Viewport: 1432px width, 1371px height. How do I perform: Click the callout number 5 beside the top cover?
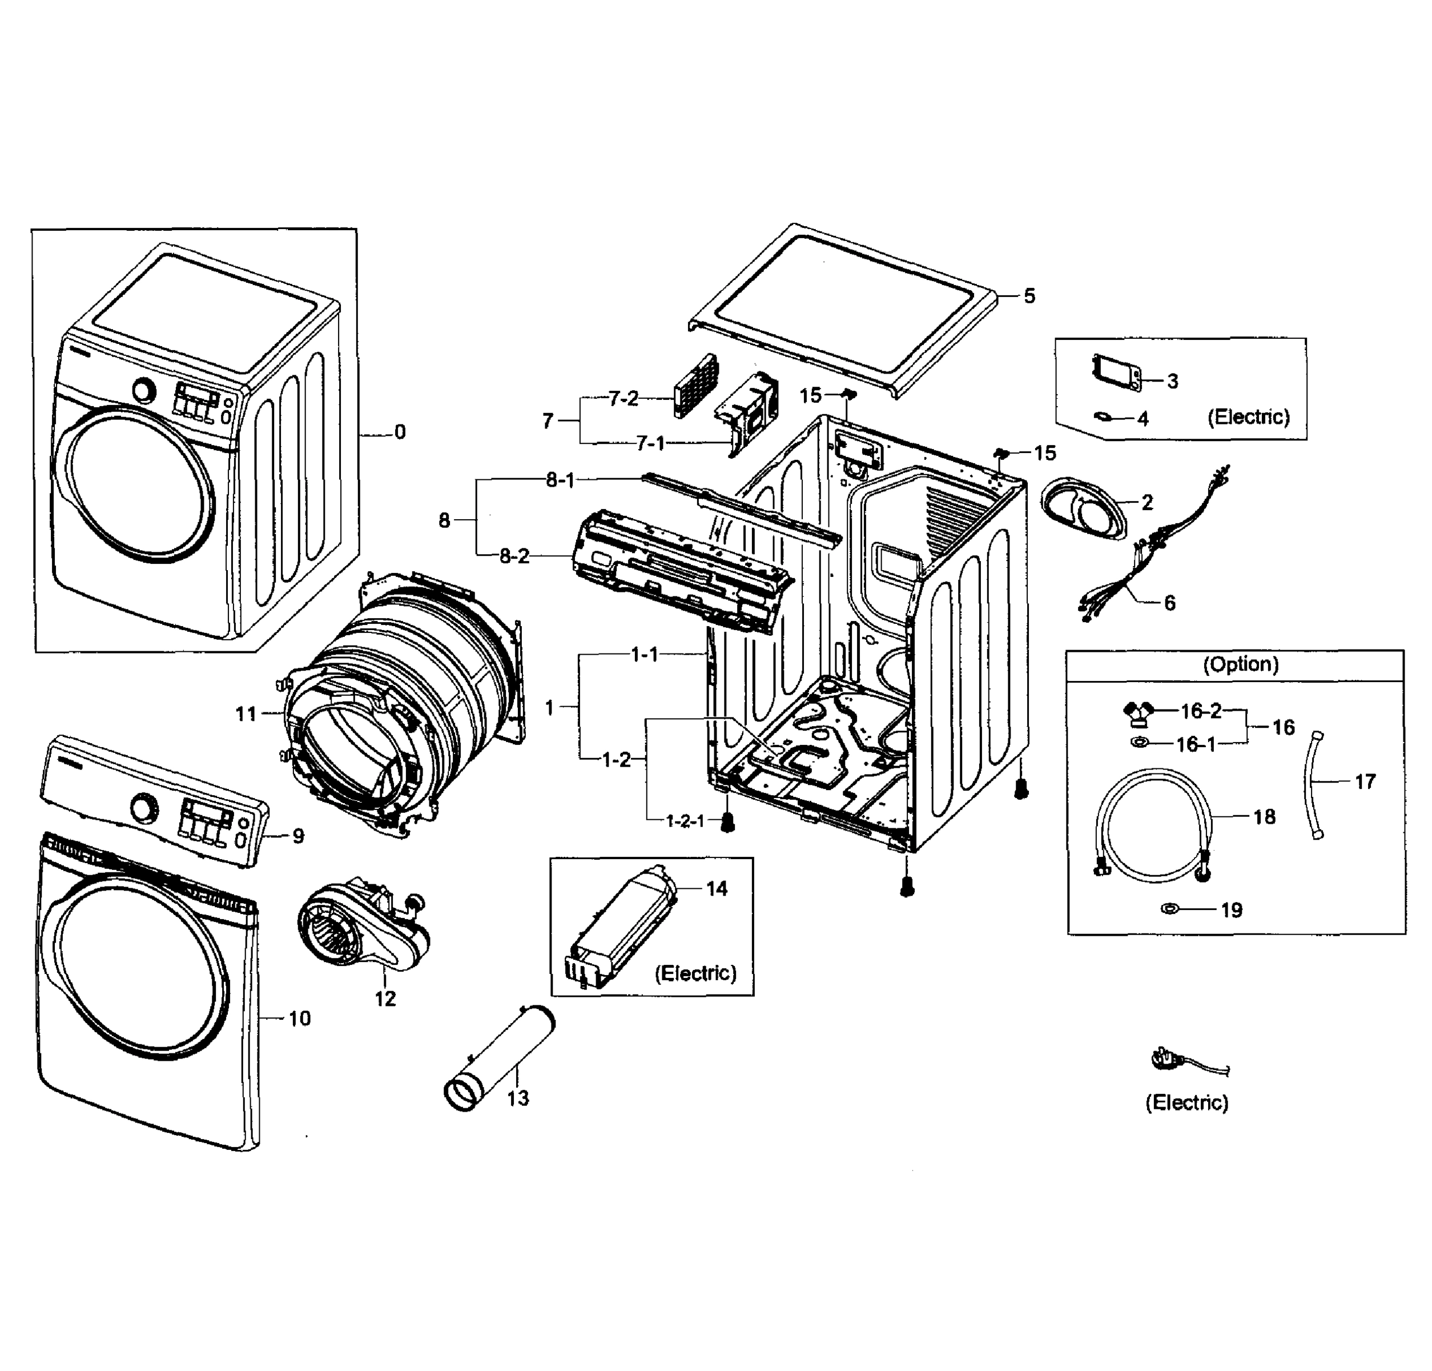[1029, 296]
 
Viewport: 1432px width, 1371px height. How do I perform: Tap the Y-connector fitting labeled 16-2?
[1137, 712]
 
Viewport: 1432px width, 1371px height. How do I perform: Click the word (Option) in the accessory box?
[1241, 664]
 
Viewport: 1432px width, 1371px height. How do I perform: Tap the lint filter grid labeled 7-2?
[695, 385]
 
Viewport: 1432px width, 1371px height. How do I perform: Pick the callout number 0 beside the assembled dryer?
[400, 432]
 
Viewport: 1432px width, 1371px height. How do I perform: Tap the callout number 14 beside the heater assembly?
[717, 889]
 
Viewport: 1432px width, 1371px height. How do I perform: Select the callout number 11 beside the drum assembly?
[246, 714]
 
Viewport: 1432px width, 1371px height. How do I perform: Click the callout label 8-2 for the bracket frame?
[514, 556]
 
